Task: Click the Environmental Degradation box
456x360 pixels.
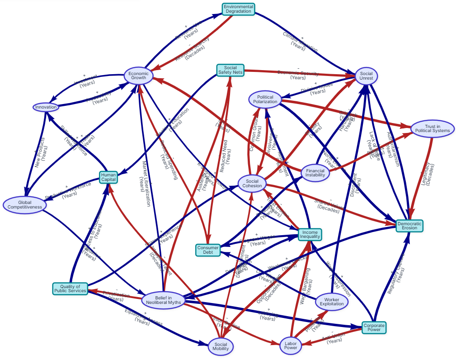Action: coord(239,9)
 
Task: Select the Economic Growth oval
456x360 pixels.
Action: coord(138,76)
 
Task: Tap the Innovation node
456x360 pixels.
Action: coord(46,107)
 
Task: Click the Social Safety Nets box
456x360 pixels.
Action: coord(230,70)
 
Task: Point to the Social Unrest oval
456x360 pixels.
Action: coord(366,76)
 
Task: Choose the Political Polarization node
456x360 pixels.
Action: coord(265,100)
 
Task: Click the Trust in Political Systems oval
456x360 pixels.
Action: coord(432,128)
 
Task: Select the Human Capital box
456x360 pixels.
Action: coord(108,177)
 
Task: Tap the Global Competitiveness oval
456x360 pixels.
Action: coord(25,204)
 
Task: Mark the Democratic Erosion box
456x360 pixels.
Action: coord(409,225)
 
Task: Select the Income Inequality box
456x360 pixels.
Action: coord(310,234)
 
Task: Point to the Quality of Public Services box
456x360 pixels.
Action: coord(70,289)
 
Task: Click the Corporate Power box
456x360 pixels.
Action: coord(374,327)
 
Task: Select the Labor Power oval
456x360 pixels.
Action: coord(291,345)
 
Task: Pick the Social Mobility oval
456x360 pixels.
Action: coord(221,346)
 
